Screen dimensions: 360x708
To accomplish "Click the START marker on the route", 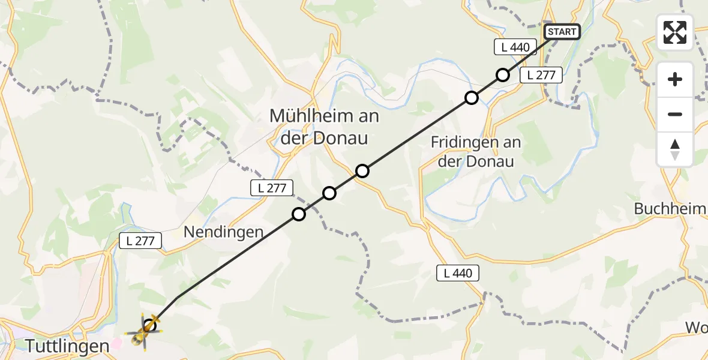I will pos(562,32).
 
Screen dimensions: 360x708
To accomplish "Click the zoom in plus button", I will pos(675,79).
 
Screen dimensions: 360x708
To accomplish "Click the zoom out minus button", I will pos(675,114).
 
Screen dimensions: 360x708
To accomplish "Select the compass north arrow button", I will pos(675,149).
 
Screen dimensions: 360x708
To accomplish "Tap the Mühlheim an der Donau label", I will pos(324,127).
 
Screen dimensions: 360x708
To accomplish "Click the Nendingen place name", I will pos(224,232).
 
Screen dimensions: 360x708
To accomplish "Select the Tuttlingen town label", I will pos(68,346).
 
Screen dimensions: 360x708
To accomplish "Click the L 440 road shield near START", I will pos(512,47).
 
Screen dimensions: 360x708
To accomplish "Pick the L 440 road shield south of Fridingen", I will pos(458,274).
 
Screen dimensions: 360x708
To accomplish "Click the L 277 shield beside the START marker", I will pos(541,75).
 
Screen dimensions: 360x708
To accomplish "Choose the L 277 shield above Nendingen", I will pos(272,188).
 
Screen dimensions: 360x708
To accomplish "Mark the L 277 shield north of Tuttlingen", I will pos(141,241).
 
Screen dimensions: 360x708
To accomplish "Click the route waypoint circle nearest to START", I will pos(503,75).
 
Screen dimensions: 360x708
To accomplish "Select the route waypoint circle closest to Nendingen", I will pos(298,214).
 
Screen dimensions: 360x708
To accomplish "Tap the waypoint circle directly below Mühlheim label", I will pos(362,171).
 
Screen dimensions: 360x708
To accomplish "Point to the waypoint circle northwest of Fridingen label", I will pos(472,97).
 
